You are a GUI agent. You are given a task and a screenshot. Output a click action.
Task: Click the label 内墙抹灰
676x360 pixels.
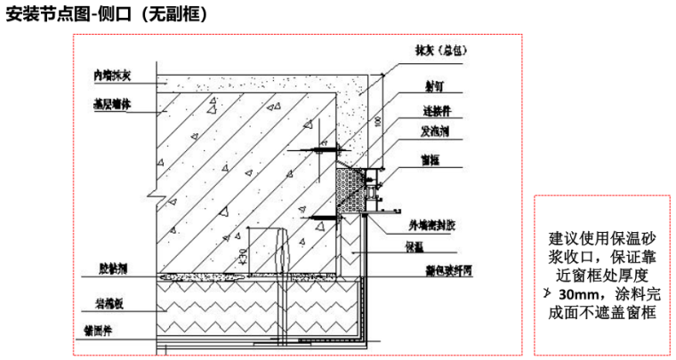(112, 76)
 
